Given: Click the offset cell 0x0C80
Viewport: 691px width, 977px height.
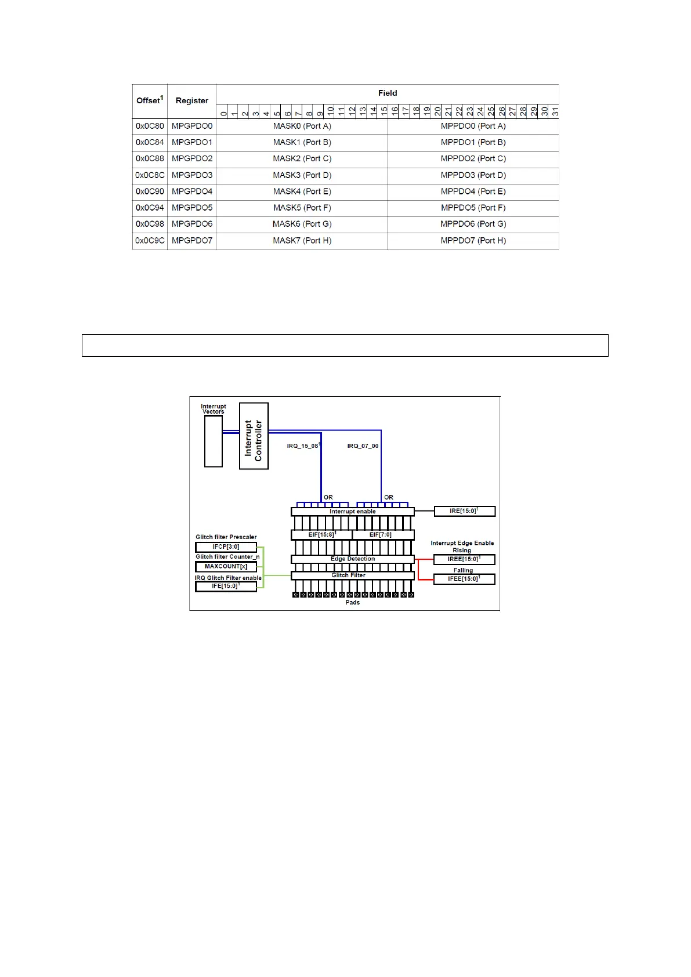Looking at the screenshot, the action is click(150, 126).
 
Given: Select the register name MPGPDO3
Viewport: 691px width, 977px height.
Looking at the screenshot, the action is click(192, 175).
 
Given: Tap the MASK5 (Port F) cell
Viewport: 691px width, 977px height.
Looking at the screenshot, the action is click(302, 208).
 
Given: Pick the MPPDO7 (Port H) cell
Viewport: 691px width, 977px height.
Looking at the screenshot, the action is click(473, 240).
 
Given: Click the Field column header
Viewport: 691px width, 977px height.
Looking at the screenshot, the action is click(387, 93).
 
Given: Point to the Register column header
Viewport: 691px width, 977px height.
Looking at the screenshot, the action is click(191, 100).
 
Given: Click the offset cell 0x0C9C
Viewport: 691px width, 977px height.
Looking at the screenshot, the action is click(150, 240).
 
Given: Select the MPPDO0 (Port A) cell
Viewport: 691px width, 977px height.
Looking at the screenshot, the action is click(473, 126).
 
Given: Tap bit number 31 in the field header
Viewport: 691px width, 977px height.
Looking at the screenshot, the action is click(555, 111).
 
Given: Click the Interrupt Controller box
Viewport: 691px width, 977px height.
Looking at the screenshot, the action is click(254, 436).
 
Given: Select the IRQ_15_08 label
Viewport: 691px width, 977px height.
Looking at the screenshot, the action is click(303, 446).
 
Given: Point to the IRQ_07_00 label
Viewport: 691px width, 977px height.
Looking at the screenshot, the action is click(363, 446).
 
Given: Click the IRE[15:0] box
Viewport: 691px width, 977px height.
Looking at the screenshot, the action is click(464, 511).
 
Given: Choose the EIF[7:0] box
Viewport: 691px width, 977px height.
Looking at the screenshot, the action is click(381, 534).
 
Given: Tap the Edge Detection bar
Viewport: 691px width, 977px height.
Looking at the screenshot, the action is click(352, 559).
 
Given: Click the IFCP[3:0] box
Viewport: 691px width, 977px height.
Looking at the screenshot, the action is click(226, 547).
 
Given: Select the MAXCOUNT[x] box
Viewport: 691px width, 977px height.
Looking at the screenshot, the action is click(226, 566).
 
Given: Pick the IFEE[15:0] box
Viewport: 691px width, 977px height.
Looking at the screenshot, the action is click(464, 578).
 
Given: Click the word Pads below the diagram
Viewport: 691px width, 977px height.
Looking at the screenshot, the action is click(352, 602).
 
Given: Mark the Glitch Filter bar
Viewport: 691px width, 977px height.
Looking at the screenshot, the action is click(349, 576).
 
